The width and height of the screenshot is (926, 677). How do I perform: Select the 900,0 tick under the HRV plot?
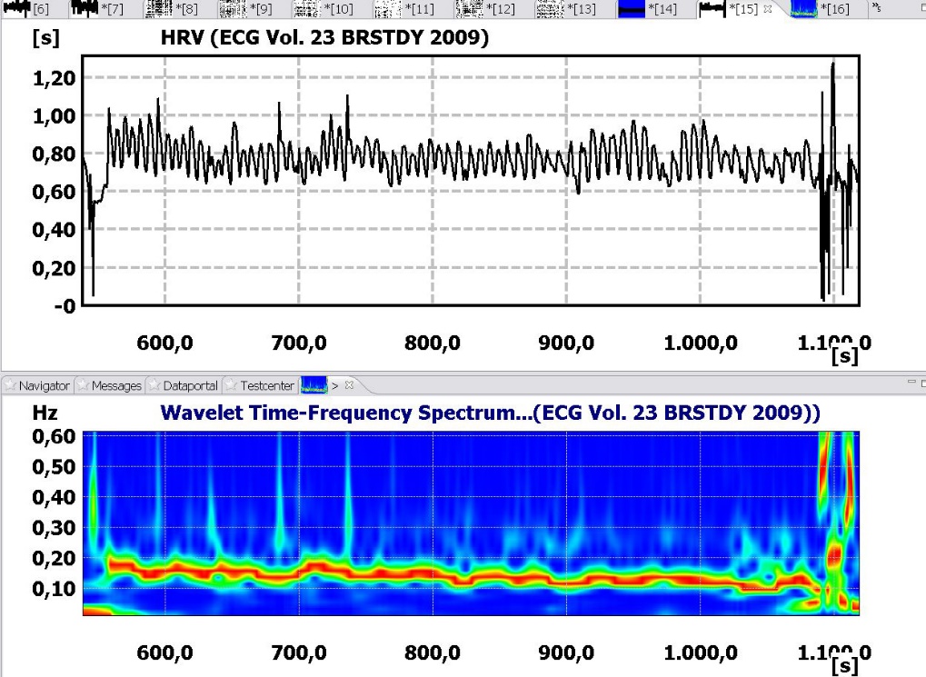tap(568, 343)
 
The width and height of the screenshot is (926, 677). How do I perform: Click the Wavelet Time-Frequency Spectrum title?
tap(491, 413)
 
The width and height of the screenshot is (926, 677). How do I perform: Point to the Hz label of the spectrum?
tap(45, 412)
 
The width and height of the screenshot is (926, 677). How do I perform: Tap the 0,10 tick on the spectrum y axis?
tap(54, 588)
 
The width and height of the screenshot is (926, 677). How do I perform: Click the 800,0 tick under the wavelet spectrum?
tap(434, 653)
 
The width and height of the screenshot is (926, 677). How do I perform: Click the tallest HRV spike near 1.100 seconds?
tap(832, 65)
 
